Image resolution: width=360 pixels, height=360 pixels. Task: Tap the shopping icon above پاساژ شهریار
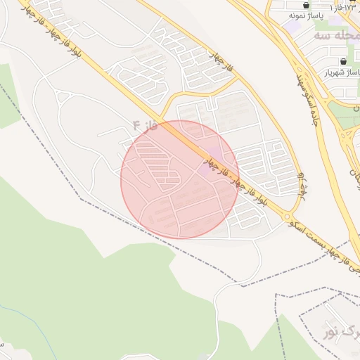[342, 62]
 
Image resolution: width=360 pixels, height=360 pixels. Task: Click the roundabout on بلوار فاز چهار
[288, 215]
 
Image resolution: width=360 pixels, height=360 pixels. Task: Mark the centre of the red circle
[180, 180]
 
